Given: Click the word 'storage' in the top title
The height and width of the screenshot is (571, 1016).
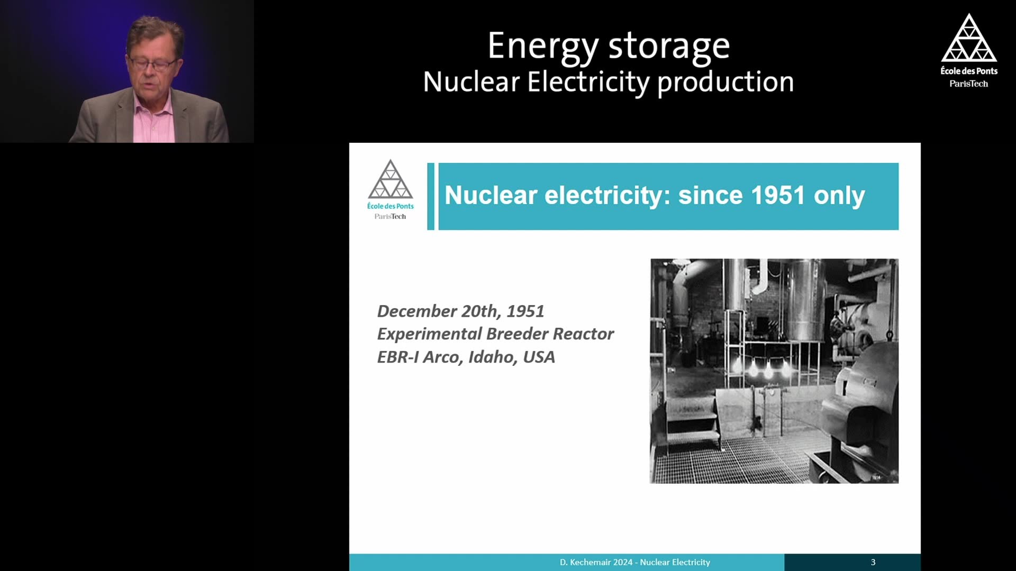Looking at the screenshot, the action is pyautogui.click(x=669, y=47).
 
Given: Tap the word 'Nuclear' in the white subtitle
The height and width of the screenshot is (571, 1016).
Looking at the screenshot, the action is pyautogui.click(x=471, y=82).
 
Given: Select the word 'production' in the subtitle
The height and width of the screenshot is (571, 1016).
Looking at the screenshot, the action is pyautogui.click(x=725, y=84).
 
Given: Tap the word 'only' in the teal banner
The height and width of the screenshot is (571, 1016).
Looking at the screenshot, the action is pyautogui.click(x=839, y=197).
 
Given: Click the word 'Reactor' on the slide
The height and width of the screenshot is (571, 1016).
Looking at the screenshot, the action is pyautogui.click(x=583, y=334).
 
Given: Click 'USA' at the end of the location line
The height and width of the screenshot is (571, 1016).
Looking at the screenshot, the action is pyautogui.click(x=539, y=357).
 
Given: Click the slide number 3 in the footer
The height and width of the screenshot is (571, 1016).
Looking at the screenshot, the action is pyautogui.click(x=873, y=563).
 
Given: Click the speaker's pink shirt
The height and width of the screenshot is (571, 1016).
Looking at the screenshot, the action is pyautogui.click(x=153, y=119).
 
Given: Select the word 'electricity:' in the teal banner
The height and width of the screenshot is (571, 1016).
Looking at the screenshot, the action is pyautogui.click(x=608, y=196).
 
